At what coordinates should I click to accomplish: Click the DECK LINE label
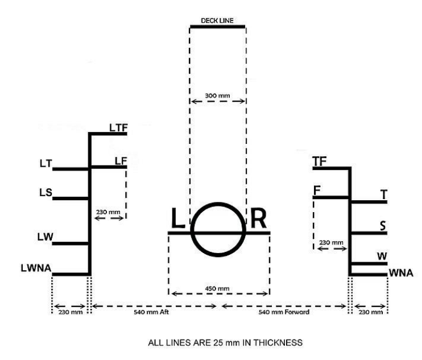click(217, 20)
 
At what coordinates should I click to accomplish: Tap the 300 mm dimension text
click(218, 95)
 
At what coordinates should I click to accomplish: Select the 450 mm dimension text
click(218, 288)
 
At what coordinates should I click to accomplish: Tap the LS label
click(45, 192)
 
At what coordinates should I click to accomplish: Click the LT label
click(45, 164)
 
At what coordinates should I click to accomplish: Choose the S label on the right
click(383, 226)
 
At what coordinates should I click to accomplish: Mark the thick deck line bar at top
click(217, 26)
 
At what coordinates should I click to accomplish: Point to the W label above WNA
click(383, 257)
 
